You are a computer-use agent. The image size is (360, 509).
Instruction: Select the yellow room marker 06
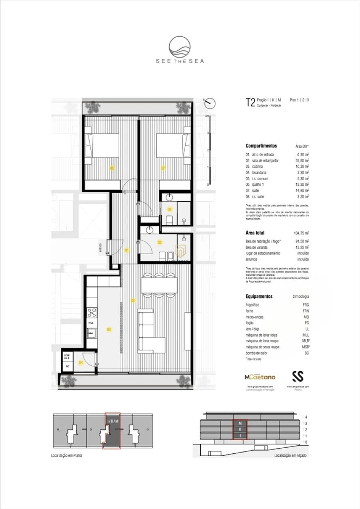112,168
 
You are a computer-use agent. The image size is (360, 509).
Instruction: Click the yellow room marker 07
163,168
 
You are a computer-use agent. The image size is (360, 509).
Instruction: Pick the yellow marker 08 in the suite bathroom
170,209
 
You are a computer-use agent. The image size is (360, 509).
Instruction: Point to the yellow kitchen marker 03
108,329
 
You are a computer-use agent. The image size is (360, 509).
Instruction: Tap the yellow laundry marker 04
81,363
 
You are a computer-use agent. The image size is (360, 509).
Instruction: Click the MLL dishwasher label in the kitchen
91,323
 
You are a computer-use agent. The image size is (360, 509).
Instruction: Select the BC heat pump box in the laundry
68,366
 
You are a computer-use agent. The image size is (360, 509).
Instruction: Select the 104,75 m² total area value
301,233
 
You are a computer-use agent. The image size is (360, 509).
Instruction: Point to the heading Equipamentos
259,297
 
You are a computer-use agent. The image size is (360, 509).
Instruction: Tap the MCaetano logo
260,377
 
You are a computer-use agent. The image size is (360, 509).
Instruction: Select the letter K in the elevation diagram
240,429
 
